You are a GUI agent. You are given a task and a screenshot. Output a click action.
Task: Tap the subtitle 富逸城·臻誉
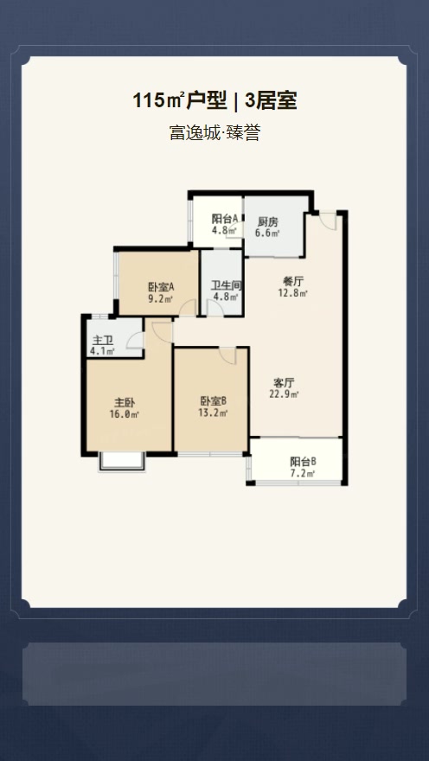click(x=214, y=133)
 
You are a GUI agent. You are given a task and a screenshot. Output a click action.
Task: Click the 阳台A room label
click(x=225, y=220)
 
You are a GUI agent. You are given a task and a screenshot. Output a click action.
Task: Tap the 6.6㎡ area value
click(x=268, y=233)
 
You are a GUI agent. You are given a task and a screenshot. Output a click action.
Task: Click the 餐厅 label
click(x=293, y=281)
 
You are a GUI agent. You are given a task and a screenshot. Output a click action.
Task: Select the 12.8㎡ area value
click(x=293, y=293)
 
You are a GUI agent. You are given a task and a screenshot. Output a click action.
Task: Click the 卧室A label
click(x=161, y=287)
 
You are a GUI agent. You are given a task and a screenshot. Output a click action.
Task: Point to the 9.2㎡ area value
click(x=161, y=299)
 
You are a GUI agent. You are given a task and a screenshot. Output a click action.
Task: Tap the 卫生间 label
click(x=226, y=286)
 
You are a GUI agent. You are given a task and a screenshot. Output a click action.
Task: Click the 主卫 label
click(x=104, y=340)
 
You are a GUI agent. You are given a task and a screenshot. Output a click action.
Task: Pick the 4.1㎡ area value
click(x=104, y=351)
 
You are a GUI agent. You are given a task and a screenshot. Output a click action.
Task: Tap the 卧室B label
click(x=214, y=400)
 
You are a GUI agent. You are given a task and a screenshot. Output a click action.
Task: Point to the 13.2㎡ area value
click(x=214, y=412)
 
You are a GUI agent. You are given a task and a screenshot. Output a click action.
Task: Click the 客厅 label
click(x=285, y=382)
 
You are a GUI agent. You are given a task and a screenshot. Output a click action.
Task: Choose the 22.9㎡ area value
click(x=285, y=394)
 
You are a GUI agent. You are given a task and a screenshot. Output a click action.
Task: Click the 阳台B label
click(x=303, y=462)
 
